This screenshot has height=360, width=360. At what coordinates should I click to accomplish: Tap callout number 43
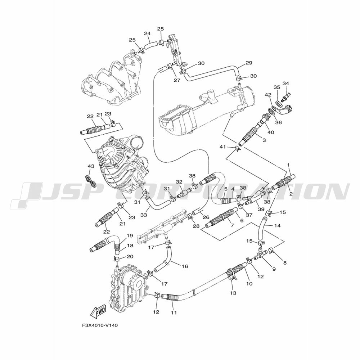[x=91, y=166]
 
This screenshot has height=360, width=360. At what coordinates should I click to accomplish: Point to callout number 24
[x=147, y=33]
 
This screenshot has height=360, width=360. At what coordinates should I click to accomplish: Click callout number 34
[x=285, y=84]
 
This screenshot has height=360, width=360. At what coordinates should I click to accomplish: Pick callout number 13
[x=233, y=293]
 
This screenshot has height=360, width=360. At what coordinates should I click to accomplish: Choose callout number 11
[x=174, y=312]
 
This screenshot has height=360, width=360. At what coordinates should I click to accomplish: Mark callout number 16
[x=185, y=266]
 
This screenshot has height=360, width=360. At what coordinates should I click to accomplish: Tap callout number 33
[x=144, y=215]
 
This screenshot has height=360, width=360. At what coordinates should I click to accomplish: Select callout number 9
[x=274, y=269]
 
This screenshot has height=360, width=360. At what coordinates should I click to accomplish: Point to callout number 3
[x=264, y=140]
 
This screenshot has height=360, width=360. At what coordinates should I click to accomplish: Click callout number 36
[x=278, y=123]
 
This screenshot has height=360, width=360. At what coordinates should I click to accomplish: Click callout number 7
[x=232, y=225]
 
